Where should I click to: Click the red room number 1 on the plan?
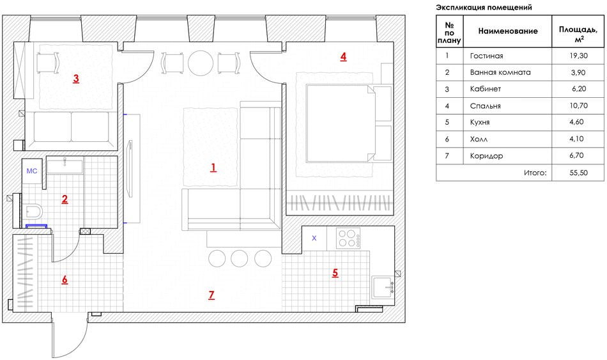click(x=213, y=168)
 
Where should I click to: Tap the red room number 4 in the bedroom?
click(x=343, y=56)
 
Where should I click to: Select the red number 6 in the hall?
click(x=64, y=279)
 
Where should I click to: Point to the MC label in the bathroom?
click(x=32, y=171)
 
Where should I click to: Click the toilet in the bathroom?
click(x=33, y=210)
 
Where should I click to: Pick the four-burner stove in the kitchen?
click(x=349, y=239)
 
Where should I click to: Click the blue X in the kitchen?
click(x=314, y=239)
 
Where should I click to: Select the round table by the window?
click(x=201, y=63)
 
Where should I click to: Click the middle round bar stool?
click(x=239, y=258)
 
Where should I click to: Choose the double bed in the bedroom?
click(x=339, y=122)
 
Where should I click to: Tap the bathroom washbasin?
click(x=65, y=166)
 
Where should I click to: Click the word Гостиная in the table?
click(x=486, y=56)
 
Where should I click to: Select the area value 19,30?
click(x=578, y=56)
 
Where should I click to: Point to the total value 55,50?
click(x=578, y=173)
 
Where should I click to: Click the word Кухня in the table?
click(x=481, y=122)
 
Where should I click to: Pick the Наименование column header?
click(x=508, y=31)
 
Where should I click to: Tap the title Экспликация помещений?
click(x=484, y=7)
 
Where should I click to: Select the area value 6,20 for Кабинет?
click(x=578, y=89)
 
